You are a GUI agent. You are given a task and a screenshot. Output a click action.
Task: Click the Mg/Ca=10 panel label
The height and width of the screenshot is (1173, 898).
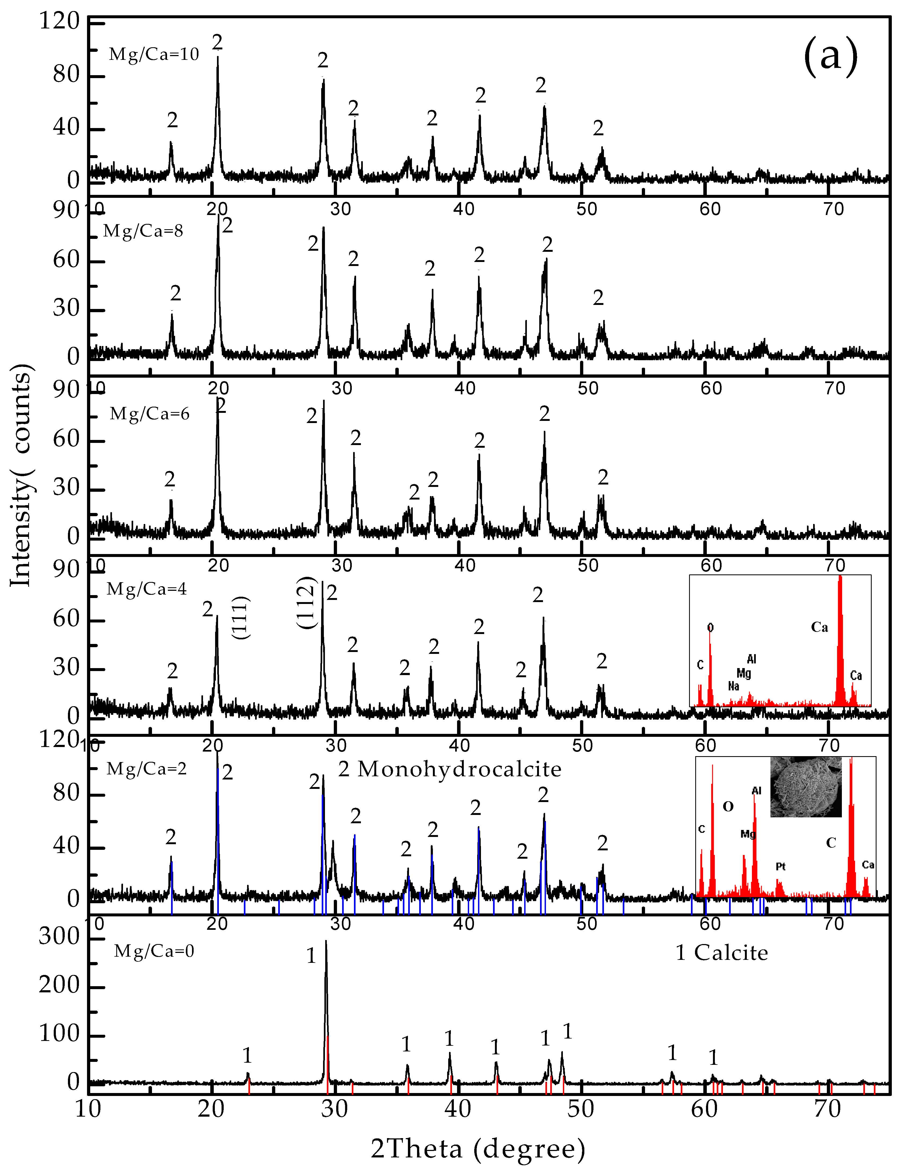pos(154,54)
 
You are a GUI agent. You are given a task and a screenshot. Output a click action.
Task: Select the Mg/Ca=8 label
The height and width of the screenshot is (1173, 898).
pos(143,231)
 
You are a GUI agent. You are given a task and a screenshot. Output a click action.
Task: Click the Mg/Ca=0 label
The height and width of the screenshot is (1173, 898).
pos(154,951)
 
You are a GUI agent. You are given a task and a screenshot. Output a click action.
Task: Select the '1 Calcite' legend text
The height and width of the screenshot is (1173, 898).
pos(722,952)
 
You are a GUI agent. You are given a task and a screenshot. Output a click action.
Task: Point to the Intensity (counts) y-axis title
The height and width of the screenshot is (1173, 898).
pos(21,475)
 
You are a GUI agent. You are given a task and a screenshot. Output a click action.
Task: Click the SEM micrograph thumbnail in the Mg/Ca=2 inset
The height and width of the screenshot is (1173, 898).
pos(806,786)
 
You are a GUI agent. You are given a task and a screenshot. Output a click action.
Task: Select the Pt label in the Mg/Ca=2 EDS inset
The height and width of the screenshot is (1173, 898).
pos(780,866)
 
